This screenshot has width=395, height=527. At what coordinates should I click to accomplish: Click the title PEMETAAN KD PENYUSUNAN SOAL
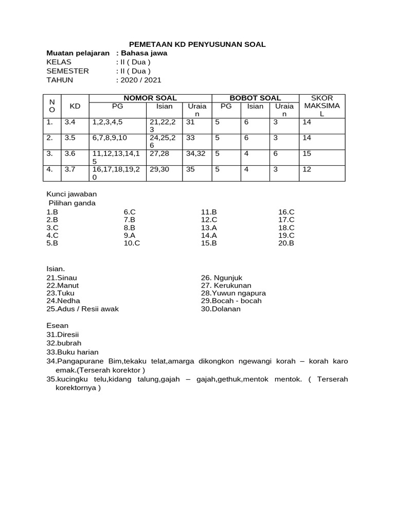click(197, 45)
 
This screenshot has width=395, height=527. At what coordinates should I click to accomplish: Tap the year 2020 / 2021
click(140, 80)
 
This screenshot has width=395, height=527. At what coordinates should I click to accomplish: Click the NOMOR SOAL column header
click(150, 98)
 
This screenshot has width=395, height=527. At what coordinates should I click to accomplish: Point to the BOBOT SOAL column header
click(255, 98)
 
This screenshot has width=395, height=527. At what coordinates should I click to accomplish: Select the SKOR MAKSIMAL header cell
click(322, 106)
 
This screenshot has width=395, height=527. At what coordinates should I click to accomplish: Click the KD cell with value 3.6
click(70, 153)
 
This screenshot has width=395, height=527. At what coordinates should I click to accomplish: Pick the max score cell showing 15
click(307, 153)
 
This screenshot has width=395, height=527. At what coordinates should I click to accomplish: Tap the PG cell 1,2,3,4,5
click(107, 122)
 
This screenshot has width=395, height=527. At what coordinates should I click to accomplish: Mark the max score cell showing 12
click(307, 169)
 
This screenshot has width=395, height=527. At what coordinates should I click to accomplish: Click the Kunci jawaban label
click(71, 194)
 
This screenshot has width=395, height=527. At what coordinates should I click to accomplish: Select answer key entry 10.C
click(132, 243)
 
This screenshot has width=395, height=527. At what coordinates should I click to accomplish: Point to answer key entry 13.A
click(209, 227)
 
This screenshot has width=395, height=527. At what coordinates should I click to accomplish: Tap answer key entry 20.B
click(286, 243)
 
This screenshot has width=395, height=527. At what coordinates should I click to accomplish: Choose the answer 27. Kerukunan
click(226, 285)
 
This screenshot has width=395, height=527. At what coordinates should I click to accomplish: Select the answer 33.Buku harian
click(73, 352)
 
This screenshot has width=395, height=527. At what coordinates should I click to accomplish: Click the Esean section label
click(57, 325)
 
